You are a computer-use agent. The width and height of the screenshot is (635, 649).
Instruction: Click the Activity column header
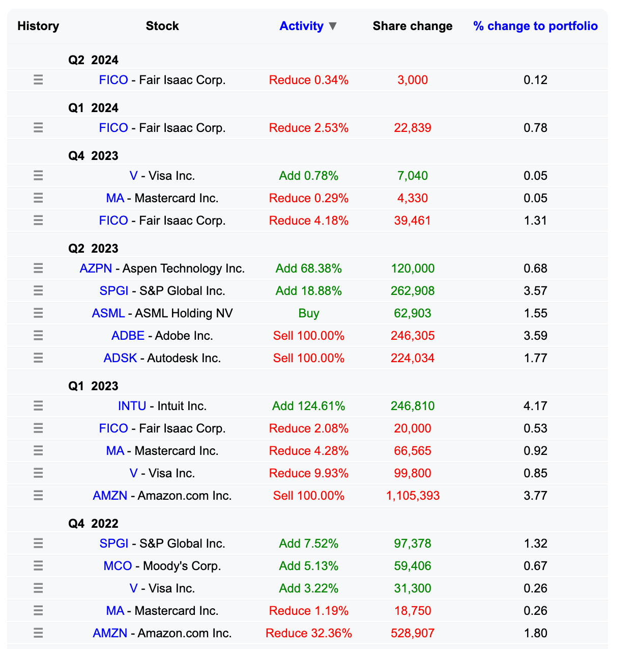(x=301, y=26)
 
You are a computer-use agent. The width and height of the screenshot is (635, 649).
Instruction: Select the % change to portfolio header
(x=535, y=26)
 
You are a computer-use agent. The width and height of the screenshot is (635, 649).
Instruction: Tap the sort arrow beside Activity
(x=333, y=26)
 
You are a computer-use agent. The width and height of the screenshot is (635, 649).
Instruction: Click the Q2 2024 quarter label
(x=93, y=60)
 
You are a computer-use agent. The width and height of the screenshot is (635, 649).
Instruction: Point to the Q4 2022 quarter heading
(x=93, y=524)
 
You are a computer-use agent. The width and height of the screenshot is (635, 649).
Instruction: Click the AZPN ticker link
(x=96, y=268)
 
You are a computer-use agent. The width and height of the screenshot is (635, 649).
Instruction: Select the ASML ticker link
(x=108, y=313)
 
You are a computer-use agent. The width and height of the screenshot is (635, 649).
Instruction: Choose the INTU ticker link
(x=132, y=406)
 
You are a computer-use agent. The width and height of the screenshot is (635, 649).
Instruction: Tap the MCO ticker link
(x=118, y=566)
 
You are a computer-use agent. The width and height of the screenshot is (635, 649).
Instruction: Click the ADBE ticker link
(x=128, y=336)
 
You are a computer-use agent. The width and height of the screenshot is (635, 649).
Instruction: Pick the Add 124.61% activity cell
(x=308, y=406)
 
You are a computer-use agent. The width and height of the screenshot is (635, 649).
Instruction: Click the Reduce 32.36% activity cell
(x=308, y=633)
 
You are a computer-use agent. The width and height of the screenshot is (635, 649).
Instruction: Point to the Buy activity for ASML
(x=308, y=313)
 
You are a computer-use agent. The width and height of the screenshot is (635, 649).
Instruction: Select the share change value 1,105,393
(x=413, y=496)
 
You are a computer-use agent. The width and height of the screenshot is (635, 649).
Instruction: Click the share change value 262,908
(x=413, y=291)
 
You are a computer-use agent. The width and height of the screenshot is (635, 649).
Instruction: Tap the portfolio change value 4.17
(x=535, y=406)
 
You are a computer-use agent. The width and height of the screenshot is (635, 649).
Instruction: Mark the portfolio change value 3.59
(x=535, y=336)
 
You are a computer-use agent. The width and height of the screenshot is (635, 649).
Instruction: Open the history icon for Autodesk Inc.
(x=38, y=358)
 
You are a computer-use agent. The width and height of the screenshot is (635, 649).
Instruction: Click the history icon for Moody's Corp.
(x=38, y=566)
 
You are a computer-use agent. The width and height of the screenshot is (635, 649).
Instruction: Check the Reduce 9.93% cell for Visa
(x=308, y=473)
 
